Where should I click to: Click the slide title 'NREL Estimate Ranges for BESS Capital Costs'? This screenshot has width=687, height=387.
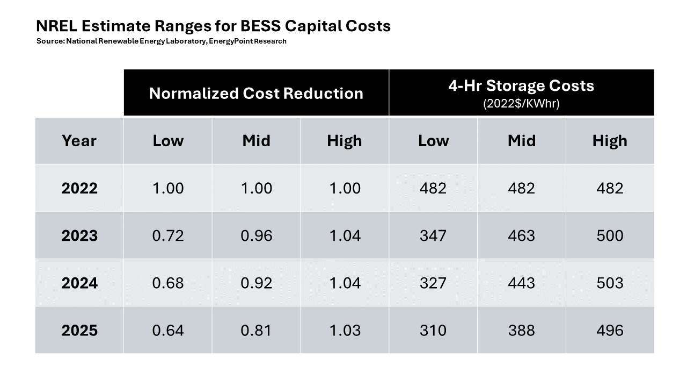(213, 26)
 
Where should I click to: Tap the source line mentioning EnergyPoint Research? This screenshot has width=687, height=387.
(162, 41)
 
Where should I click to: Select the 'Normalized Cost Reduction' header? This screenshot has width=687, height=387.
(256, 93)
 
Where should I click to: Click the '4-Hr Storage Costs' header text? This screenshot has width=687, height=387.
(521, 86)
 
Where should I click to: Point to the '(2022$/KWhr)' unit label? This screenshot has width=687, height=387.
(521, 104)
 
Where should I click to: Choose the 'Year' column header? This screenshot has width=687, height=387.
(79, 141)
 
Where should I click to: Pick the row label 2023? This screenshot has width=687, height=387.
(79, 235)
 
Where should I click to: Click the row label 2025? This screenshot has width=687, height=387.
(79, 330)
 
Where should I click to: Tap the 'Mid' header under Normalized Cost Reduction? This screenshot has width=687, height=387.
(256, 141)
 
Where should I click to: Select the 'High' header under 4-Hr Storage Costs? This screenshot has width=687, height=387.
(610, 141)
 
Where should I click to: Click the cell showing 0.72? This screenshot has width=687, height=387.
(168, 235)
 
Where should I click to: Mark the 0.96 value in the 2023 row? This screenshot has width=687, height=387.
(256, 235)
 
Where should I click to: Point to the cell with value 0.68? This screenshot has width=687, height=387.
(168, 283)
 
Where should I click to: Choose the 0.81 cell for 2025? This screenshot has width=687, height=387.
(256, 330)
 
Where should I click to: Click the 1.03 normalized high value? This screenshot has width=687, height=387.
(344, 330)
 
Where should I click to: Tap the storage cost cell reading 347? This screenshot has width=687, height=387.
(433, 235)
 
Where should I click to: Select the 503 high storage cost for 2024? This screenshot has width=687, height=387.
(610, 283)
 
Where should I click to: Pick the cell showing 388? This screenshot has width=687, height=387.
(521, 330)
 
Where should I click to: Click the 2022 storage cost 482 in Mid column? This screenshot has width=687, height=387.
(521, 188)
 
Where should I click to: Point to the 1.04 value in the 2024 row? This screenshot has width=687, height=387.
(344, 283)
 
